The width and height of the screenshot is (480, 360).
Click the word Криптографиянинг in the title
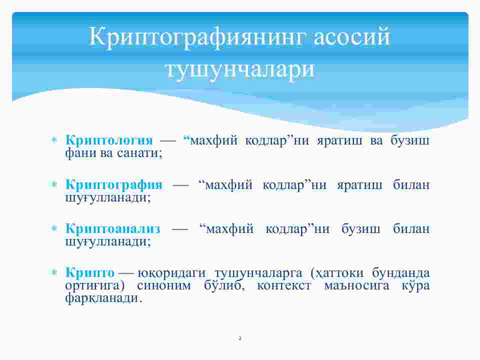pyautogui.click(x=197, y=37)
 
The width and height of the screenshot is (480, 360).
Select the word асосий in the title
pyautogui.click(x=352, y=37)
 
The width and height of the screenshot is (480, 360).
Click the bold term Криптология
pyautogui.click(x=109, y=140)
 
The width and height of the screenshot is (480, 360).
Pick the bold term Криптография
pyautogui.click(x=114, y=185)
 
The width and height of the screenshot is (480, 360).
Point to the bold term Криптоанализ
pyautogui.click(x=112, y=228)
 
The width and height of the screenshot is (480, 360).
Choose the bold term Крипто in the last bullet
pyautogui.click(x=90, y=272)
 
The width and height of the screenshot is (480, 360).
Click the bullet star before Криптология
pyautogui.click(x=54, y=140)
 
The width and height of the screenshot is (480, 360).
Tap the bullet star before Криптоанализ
pyautogui.click(x=54, y=228)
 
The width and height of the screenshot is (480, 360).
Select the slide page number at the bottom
pyautogui.click(x=240, y=338)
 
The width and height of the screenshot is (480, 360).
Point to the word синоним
pyautogui.click(x=164, y=285)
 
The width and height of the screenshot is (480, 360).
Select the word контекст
pyautogui.click(x=284, y=285)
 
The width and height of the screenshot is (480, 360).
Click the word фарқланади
pyautogui.click(x=104, y=298)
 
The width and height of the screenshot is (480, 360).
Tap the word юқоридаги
pyautogui.click(x=171, y=273)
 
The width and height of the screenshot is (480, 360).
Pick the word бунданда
pyautogui.click(x=400, y=273)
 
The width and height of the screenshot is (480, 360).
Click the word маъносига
pyautogui.click(x=356, y=285)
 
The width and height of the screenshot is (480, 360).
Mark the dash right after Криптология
pyautogui.click(x=168, y=141)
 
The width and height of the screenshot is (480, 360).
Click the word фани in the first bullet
pyautogui.click(x=80, y=153)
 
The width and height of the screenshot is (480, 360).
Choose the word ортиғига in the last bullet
pyautogui.click(x=95, y=286)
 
